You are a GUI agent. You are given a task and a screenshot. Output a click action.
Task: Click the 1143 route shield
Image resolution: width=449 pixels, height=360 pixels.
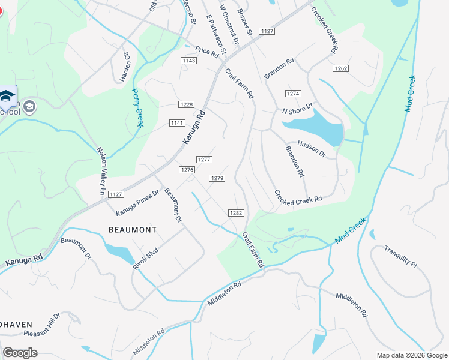pos(188,61)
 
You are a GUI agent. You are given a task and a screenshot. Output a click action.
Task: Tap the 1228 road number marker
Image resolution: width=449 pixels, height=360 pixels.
pos(186,104)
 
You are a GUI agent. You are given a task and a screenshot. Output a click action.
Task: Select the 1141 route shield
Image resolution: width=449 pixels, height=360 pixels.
pos(176,123)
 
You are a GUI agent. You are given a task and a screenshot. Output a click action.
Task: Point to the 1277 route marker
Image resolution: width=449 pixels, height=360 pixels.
pos(204,159)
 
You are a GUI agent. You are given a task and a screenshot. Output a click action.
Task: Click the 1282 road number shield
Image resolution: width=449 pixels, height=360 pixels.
pos(235,213)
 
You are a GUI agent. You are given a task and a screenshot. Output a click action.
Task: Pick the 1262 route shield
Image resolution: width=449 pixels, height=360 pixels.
pos(341,69)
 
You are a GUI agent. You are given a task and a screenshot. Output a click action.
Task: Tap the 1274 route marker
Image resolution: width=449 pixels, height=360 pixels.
pos(292,94)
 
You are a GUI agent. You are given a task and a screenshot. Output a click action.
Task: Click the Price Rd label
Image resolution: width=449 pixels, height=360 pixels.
pos(206,52)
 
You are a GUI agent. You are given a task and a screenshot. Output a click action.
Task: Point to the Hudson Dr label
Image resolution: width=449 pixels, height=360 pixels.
pos(311,149)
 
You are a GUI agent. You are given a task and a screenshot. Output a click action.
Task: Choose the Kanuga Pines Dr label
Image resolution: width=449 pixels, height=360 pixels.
pos(137,203)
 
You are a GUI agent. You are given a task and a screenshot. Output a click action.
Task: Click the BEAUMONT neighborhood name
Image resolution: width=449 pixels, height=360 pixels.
pos(133,230)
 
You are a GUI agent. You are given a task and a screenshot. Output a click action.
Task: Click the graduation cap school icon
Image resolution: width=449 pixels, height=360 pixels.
pos(7,96)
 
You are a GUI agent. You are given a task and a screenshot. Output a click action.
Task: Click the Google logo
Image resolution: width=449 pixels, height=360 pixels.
pos(20,353)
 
